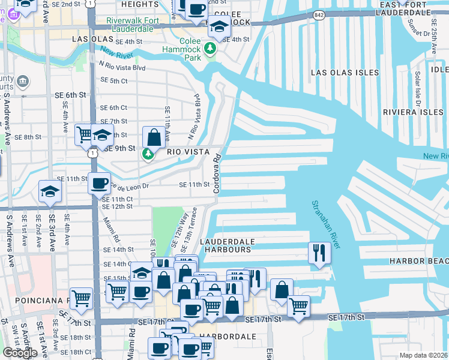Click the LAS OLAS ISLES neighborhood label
[x=345, y=73]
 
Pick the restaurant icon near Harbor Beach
[x=319, y=253]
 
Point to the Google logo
[x=20, y=353]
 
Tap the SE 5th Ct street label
[x=114, y=80]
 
